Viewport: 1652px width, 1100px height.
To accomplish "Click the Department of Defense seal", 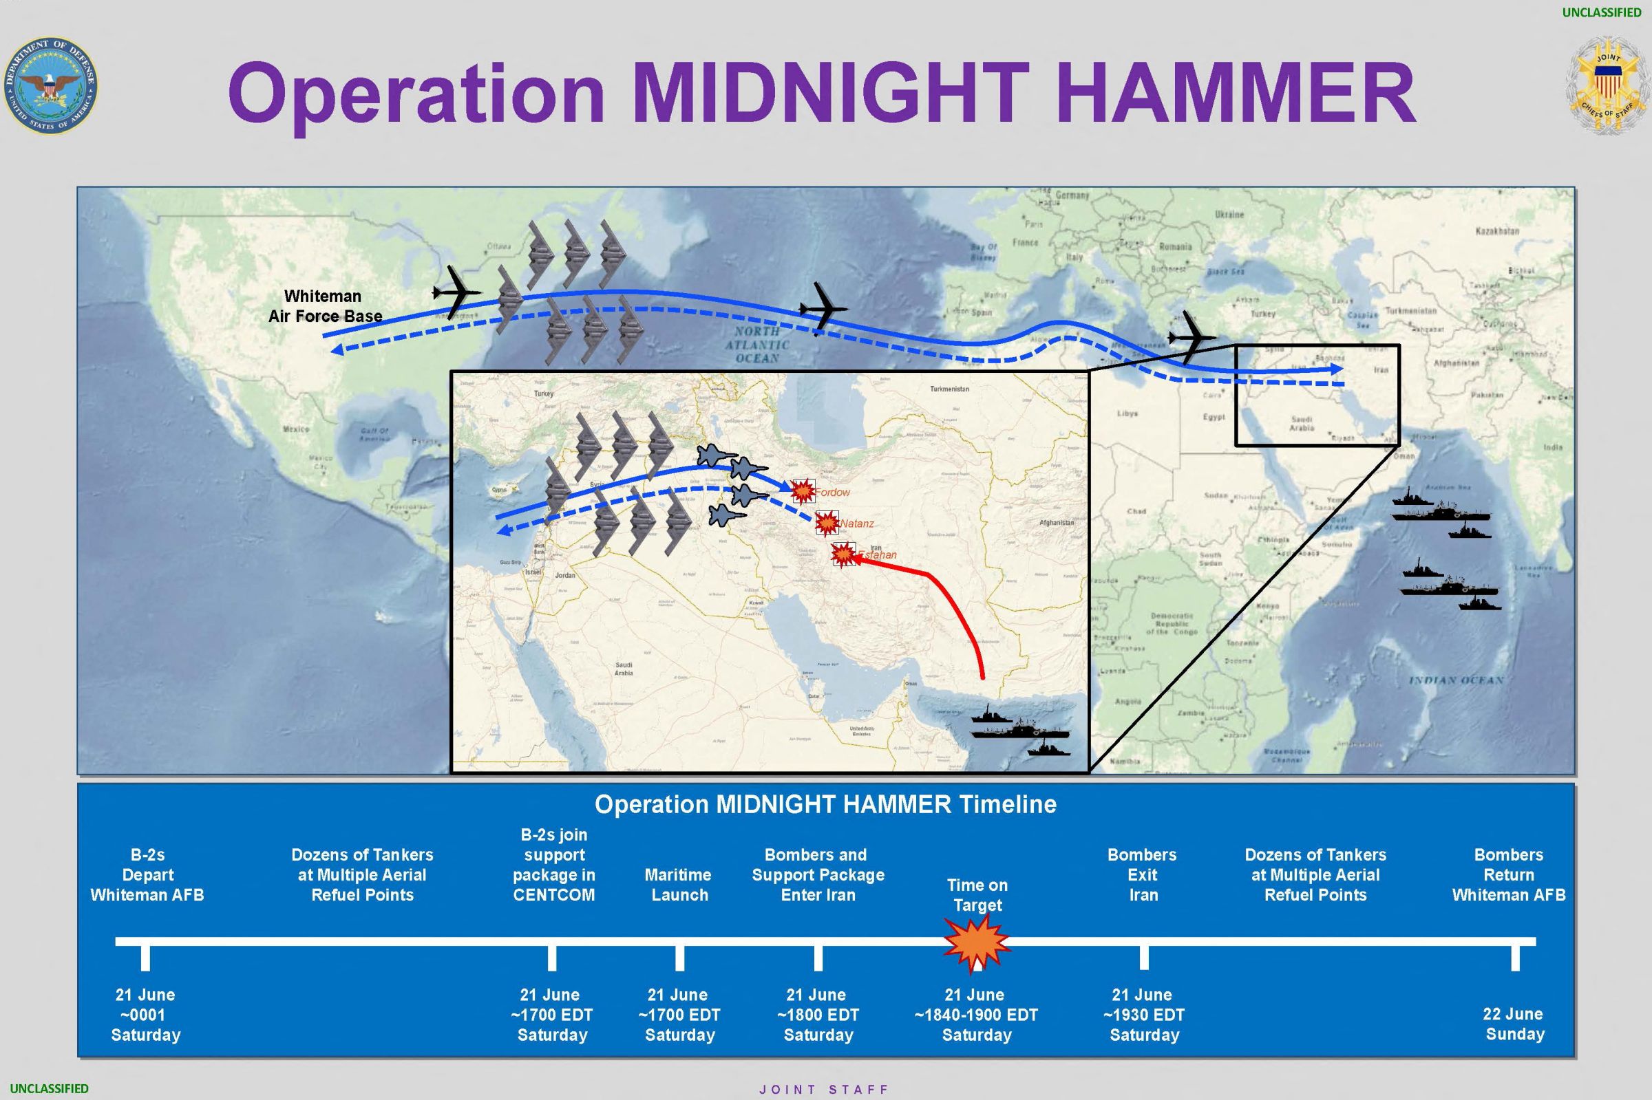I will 50,85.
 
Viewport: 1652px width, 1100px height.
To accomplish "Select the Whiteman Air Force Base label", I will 324,306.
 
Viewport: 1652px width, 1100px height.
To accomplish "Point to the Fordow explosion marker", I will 802,491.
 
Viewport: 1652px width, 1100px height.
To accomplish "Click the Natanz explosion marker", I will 827,523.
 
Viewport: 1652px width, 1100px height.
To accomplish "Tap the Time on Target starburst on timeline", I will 976,944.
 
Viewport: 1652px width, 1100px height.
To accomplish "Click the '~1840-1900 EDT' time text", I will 976,1015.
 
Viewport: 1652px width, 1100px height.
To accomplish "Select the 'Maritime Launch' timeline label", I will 679,885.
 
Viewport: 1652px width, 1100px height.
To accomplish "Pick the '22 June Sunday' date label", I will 1514,1024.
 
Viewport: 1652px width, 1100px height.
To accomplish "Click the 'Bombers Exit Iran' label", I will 1143,875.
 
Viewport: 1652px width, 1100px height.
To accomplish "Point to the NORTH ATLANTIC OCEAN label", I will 757,345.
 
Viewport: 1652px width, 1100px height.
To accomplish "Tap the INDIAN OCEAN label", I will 1457,680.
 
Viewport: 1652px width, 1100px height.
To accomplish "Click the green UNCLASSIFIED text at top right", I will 1602,12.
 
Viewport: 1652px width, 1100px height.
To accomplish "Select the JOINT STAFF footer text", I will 824,1090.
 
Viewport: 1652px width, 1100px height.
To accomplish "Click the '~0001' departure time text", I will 145,1015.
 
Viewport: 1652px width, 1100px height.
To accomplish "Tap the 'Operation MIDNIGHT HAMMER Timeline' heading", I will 825,805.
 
